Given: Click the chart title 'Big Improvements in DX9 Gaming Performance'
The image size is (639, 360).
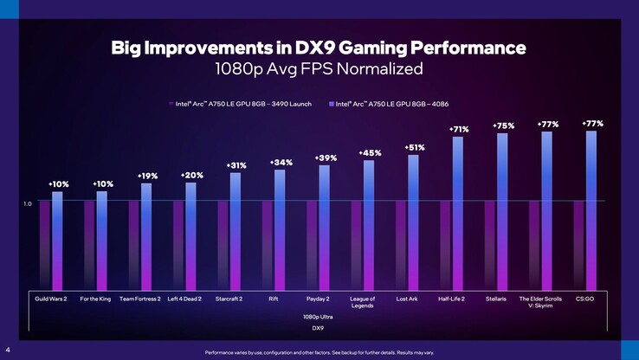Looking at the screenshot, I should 319,45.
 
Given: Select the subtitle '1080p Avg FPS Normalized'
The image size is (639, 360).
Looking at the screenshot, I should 319,67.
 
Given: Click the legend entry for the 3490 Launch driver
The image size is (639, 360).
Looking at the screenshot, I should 242,105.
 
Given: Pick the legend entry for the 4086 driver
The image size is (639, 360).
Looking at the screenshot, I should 394,105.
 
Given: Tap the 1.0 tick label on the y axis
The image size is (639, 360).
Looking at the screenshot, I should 28,203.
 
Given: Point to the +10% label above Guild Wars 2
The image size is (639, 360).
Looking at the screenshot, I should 58,184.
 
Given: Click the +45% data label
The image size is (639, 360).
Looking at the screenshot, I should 370,153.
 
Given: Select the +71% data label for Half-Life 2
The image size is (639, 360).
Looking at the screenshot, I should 458,129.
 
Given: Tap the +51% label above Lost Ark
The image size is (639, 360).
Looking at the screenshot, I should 414,148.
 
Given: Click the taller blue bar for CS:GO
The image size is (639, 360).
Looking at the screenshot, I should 591,208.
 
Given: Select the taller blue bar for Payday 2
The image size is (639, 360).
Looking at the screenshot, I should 325,225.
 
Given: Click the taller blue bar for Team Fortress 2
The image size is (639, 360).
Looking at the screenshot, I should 146,234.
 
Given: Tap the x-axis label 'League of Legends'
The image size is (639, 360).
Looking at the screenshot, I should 363,302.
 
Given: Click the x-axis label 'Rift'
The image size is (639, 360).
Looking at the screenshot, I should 274,299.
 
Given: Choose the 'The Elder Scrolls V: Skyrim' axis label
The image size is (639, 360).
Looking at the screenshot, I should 540,302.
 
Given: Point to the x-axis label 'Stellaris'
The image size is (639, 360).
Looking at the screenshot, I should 495,299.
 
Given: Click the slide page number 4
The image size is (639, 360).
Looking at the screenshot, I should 7,350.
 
